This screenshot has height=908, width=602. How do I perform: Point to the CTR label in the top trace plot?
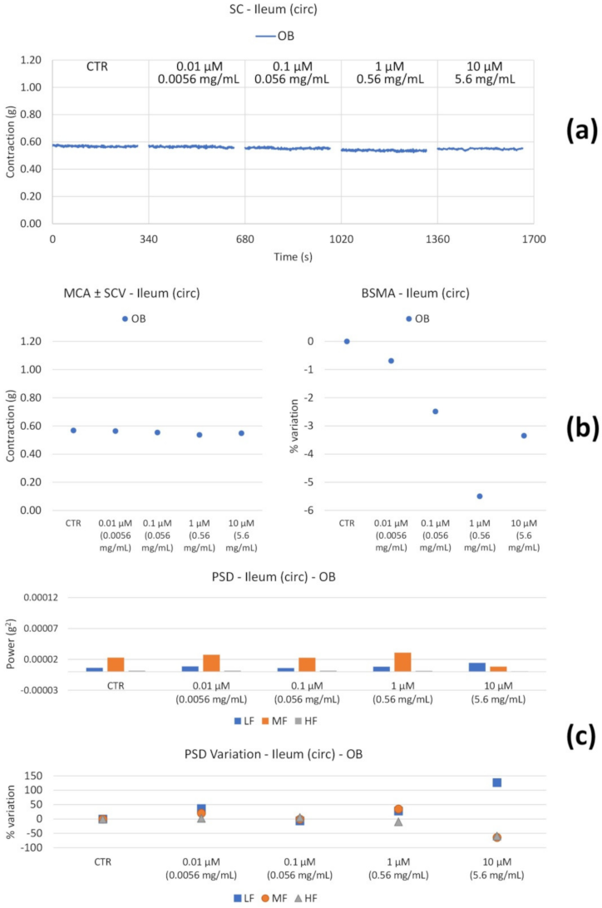click(x=100, y=67)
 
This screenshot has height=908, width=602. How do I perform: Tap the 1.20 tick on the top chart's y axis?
click(x=30, y=61)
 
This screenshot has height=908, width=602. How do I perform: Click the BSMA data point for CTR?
click(x=347, y=341)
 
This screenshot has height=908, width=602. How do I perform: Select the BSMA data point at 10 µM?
click(x=524, y=436)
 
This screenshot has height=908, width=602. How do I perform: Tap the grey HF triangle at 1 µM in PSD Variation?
click(x=398, y=822)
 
